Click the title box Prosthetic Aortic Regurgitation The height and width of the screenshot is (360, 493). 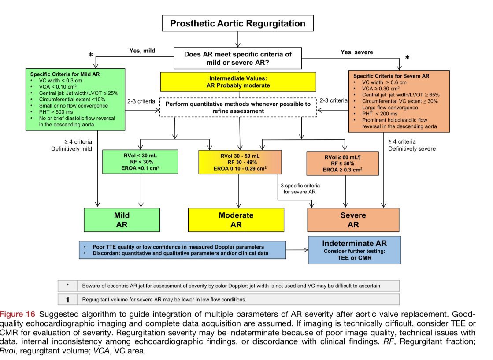click(x=238, y=23)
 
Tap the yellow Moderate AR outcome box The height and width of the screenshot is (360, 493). click(x=236, y=219)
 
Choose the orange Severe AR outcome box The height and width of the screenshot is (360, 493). click(x=353, y=219)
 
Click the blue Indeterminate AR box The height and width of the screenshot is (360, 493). click(x=354, y=250)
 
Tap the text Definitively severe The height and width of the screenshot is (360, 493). click(x=411, y=149)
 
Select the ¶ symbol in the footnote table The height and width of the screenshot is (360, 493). click(x=67, y=300)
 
